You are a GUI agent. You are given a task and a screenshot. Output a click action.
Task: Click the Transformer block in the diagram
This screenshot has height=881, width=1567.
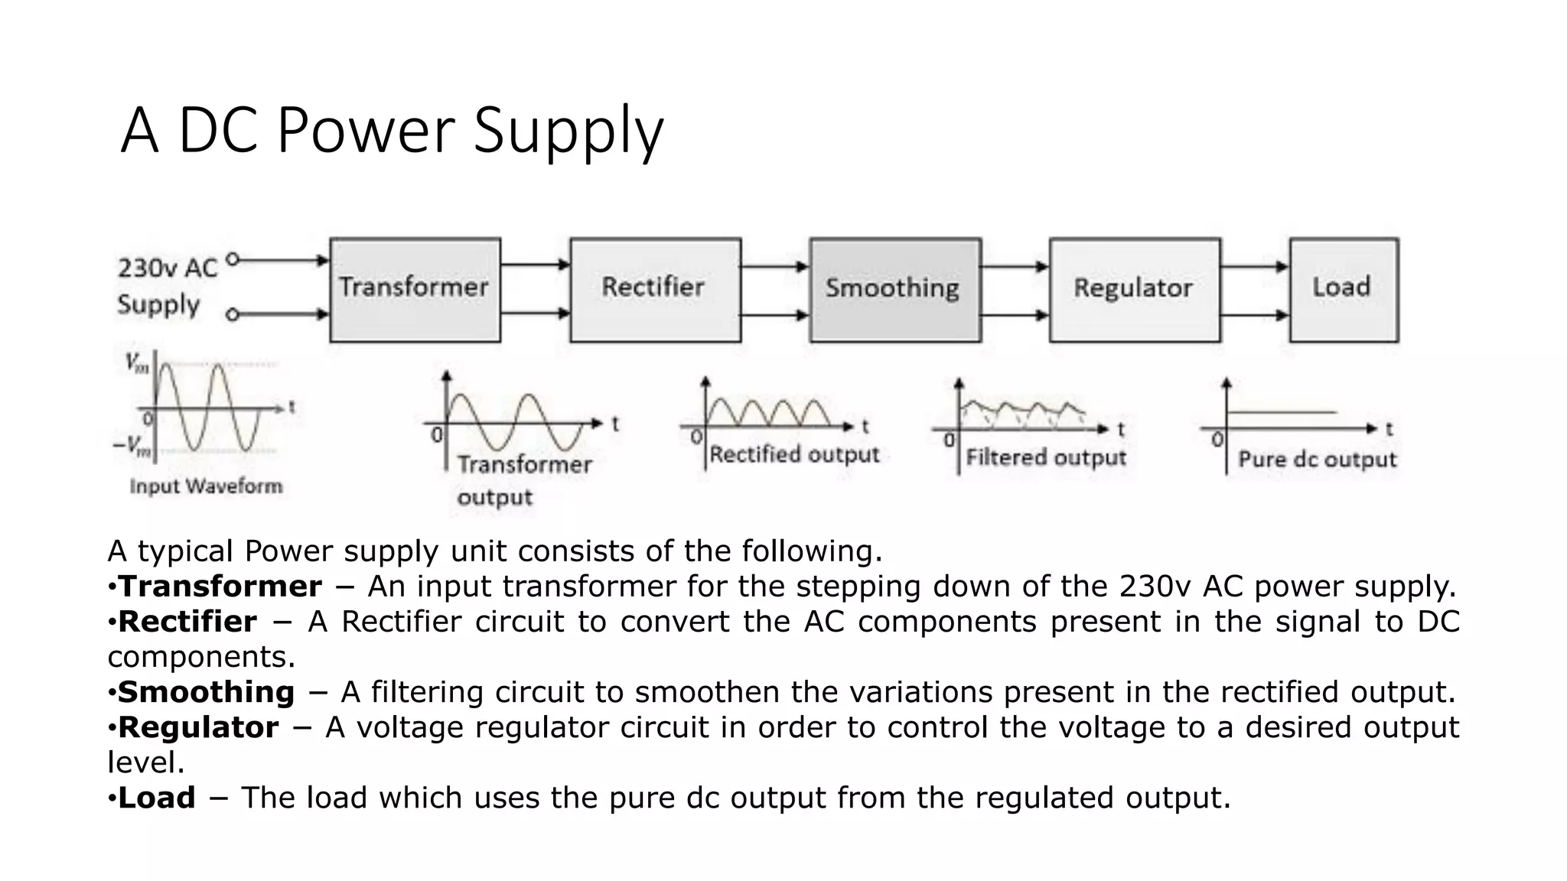coord(415,289)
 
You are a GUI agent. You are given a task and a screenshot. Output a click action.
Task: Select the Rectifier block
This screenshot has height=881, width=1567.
coord(655,289)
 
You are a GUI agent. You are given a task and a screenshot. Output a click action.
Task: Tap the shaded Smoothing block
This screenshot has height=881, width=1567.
coord(894,289)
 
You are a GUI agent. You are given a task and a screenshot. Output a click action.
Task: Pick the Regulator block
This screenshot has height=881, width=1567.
coord(1134,289)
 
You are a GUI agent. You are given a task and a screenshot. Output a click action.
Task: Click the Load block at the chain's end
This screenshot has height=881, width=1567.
coord(1343,289)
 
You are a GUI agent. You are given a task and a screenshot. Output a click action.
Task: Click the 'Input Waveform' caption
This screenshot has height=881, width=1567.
coord(206,486)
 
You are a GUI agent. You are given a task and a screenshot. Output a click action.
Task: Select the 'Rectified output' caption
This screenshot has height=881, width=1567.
coord(794,455)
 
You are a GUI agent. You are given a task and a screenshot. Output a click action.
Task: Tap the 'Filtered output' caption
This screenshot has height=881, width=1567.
coord(1045,458)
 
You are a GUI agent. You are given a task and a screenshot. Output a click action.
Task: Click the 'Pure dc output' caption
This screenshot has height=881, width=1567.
coord(1317,460)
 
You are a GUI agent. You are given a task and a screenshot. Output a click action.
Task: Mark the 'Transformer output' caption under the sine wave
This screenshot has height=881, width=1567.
coord(524,480)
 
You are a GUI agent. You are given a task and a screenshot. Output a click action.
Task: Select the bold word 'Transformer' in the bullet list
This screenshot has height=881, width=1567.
coord(220,587)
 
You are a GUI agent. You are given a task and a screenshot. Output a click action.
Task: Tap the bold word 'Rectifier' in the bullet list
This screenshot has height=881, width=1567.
coord(187,622)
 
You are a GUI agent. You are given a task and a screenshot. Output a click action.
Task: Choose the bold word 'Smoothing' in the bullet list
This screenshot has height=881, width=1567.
coord(206,692)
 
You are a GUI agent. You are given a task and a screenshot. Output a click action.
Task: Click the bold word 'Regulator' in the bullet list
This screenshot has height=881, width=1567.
coord(198,727)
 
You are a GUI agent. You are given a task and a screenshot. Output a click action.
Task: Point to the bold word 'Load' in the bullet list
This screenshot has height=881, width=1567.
coord(157,798)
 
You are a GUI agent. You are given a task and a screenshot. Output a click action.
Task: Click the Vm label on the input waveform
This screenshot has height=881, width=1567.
coord(138,363)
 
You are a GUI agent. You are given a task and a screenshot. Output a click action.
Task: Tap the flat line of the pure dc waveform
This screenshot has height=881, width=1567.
coord(1282,413)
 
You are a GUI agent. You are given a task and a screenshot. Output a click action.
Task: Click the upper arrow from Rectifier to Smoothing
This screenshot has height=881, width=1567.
coord(774,267)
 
